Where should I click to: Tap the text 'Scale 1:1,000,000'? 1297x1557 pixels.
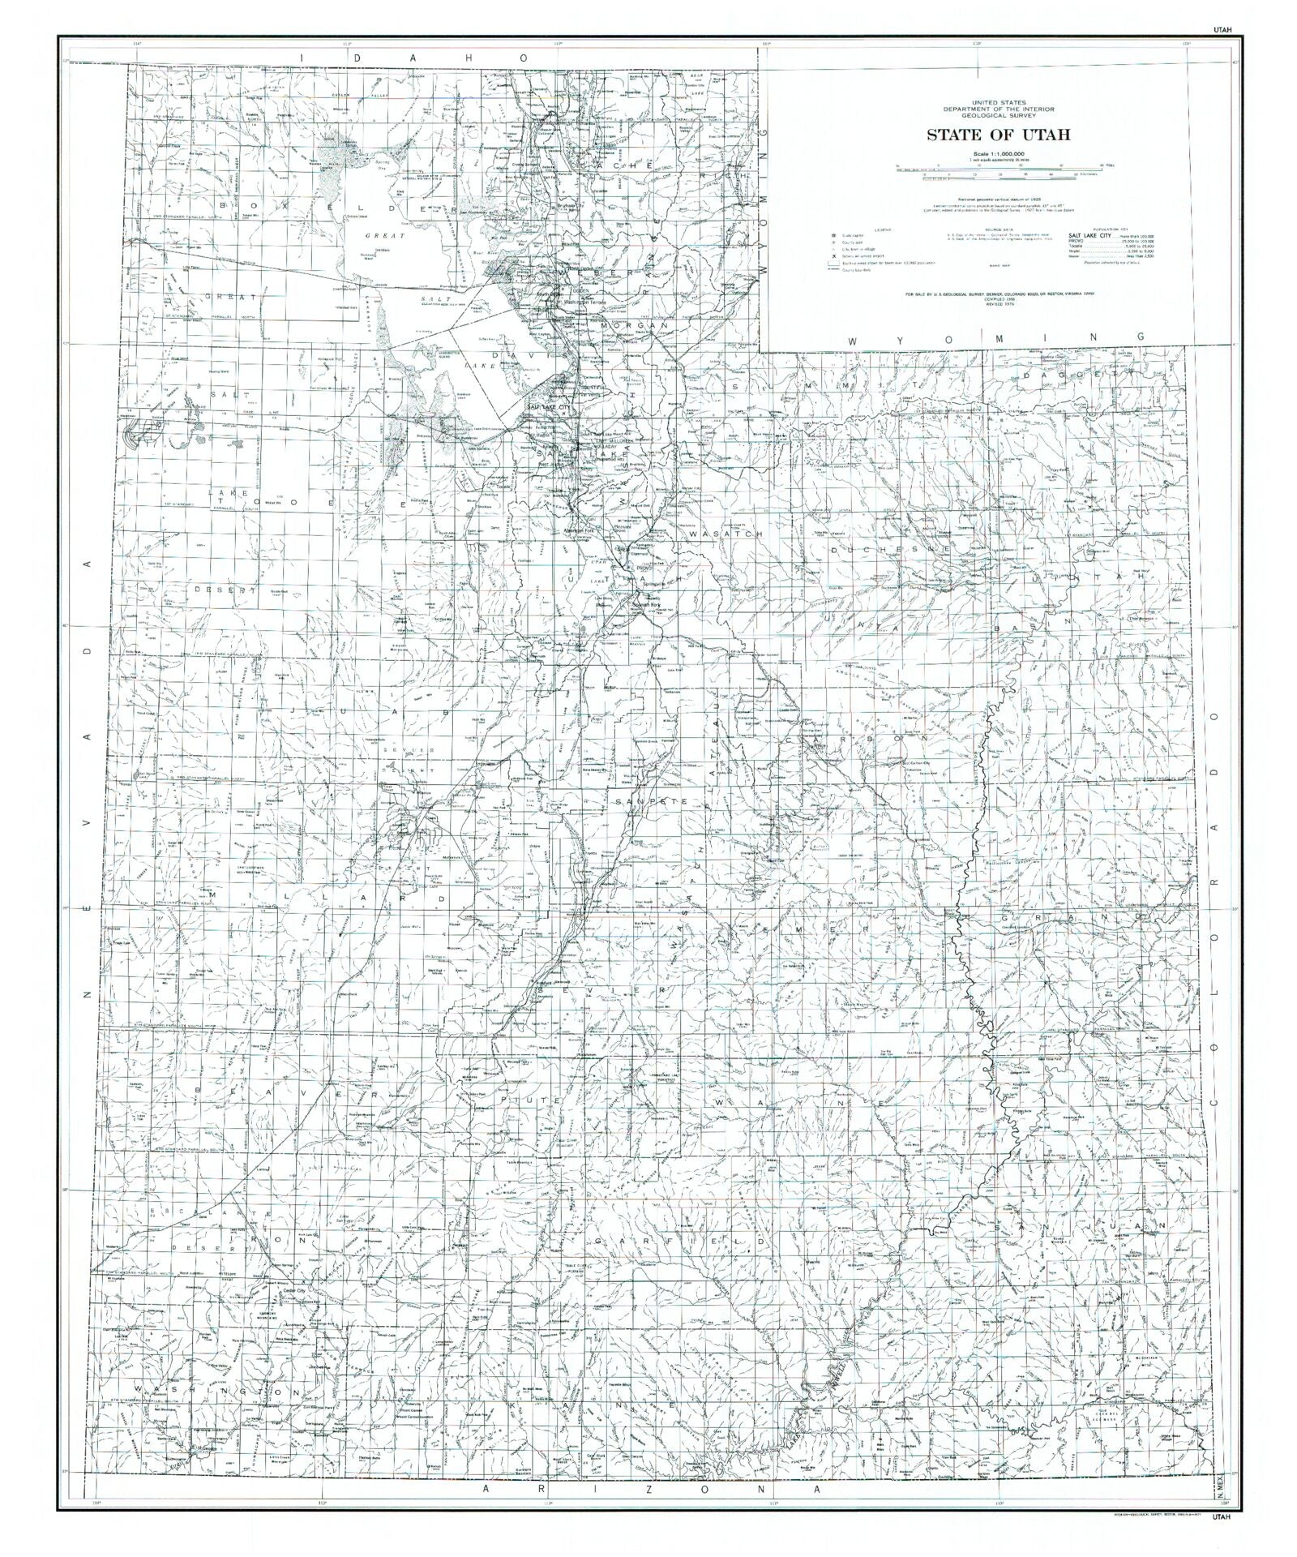click(998, 154)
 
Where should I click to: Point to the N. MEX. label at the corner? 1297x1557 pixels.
click(1220, 1483)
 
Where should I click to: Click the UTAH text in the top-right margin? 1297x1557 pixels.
click(1222, 29)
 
